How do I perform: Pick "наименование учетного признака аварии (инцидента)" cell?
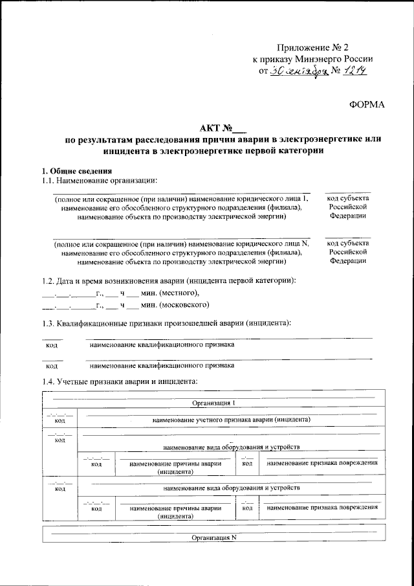coord(232,420)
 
